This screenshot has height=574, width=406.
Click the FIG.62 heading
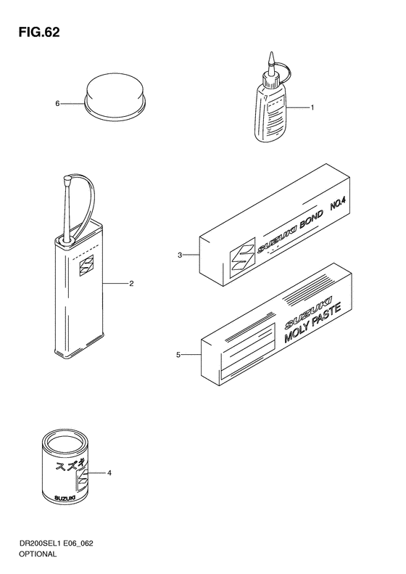point(39,33)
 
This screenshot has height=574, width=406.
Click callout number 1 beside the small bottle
point(312,107)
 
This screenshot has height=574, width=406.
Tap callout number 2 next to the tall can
point(131,283)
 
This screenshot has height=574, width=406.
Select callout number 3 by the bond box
point(180,255)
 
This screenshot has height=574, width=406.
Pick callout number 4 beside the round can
point(109,473)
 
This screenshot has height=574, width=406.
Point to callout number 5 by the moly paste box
point(178,355)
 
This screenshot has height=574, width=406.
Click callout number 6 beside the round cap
point(57,104)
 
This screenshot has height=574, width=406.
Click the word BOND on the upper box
point(312,220)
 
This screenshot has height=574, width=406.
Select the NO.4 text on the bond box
point(338,204)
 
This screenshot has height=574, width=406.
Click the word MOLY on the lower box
point(297,332)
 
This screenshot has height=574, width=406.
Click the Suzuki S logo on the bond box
point(242,260)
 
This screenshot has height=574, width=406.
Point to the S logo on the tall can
point(86,266)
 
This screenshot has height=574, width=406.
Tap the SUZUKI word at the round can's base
point(65,498)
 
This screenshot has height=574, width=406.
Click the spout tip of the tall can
point(67,179)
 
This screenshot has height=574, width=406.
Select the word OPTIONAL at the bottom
point(38,554)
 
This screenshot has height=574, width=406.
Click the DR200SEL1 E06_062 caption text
point(56,544)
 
